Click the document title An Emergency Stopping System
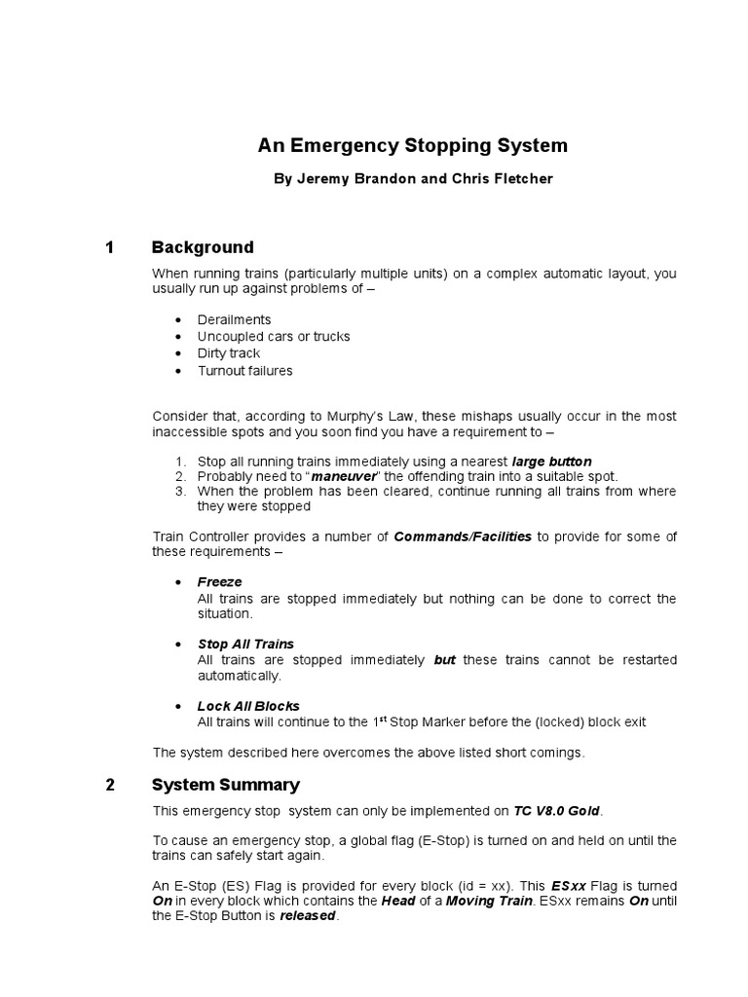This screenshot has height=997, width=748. [x=412, y=146]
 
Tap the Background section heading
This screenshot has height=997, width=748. [x=203, y=247]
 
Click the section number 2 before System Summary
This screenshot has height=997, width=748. [x=110, y=785]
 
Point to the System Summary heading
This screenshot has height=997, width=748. [x=226, y=785]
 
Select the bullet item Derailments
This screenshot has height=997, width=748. [x=234, y=319]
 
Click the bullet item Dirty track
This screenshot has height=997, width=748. [x=228, y=353]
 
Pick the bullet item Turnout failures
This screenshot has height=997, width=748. [x=244, y=371]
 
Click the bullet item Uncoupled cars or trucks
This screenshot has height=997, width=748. [x=273, y=337]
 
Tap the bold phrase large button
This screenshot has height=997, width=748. [x=551, y=461]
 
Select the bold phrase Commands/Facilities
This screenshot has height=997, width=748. [x=463, y=537]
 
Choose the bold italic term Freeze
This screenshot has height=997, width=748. [x=219, y=582]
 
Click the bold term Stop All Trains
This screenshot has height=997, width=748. [x=245, y=645]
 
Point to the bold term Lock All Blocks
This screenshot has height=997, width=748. [x=248, y=706]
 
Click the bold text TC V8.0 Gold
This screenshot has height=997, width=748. [x=558, y=811]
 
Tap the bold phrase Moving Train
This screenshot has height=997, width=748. [x=498, y=902]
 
